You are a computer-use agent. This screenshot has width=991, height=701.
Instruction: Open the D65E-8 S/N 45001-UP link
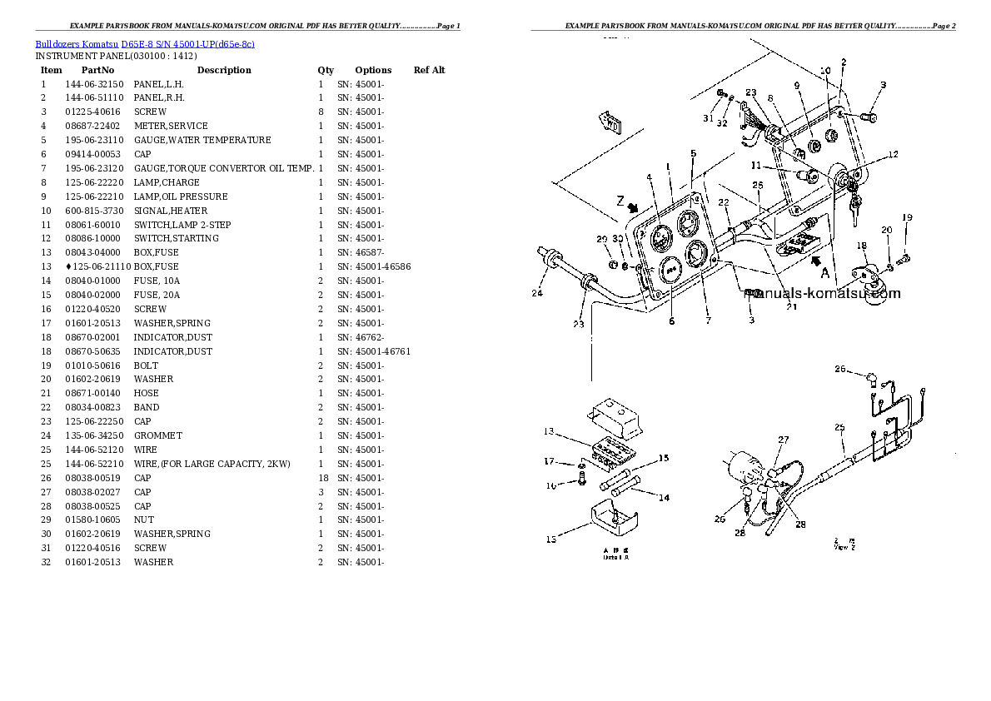187,42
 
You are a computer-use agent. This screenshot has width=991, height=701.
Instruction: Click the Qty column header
325,70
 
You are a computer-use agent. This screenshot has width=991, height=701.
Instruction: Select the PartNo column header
97,70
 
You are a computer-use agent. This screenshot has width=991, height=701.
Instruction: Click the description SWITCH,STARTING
177,238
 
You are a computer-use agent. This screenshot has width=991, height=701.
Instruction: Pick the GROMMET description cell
157,435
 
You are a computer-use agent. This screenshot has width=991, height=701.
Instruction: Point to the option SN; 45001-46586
373,266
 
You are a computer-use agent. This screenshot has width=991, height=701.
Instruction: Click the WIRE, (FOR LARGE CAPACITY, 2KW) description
212,464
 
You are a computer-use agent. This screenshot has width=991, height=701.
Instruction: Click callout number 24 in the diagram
537,293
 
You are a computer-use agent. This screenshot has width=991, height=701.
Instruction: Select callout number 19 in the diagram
907,218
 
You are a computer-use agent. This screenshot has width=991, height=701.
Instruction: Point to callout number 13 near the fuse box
549,431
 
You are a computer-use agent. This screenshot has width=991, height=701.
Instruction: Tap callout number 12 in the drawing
893,155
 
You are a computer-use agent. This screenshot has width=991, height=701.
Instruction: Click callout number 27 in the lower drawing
783,440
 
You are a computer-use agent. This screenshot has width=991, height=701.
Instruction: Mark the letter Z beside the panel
619,200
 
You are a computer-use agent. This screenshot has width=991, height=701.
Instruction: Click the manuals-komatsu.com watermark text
822,293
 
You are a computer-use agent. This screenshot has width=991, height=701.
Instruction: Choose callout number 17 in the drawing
549,461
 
